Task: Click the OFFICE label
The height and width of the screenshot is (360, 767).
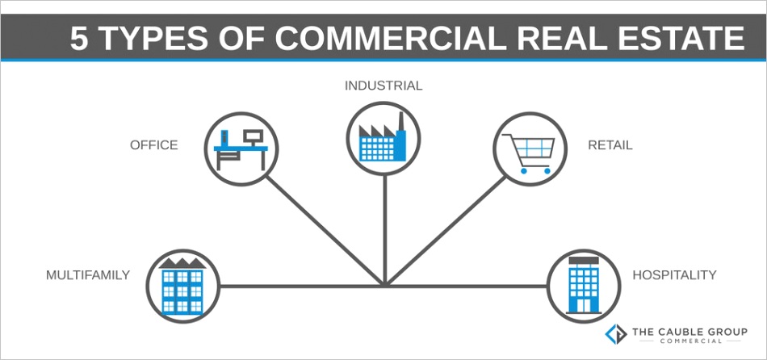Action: [x=153, y=145]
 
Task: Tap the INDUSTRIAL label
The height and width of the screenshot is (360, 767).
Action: [x=383, y=86]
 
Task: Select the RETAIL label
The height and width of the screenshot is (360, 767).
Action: [x=610, y=145]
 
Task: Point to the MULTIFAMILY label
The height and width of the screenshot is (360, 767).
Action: [x=88, y=275]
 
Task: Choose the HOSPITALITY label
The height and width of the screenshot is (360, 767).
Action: [x=674, y=275]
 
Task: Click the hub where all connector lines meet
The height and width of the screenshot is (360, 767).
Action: [x=385, y=285]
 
